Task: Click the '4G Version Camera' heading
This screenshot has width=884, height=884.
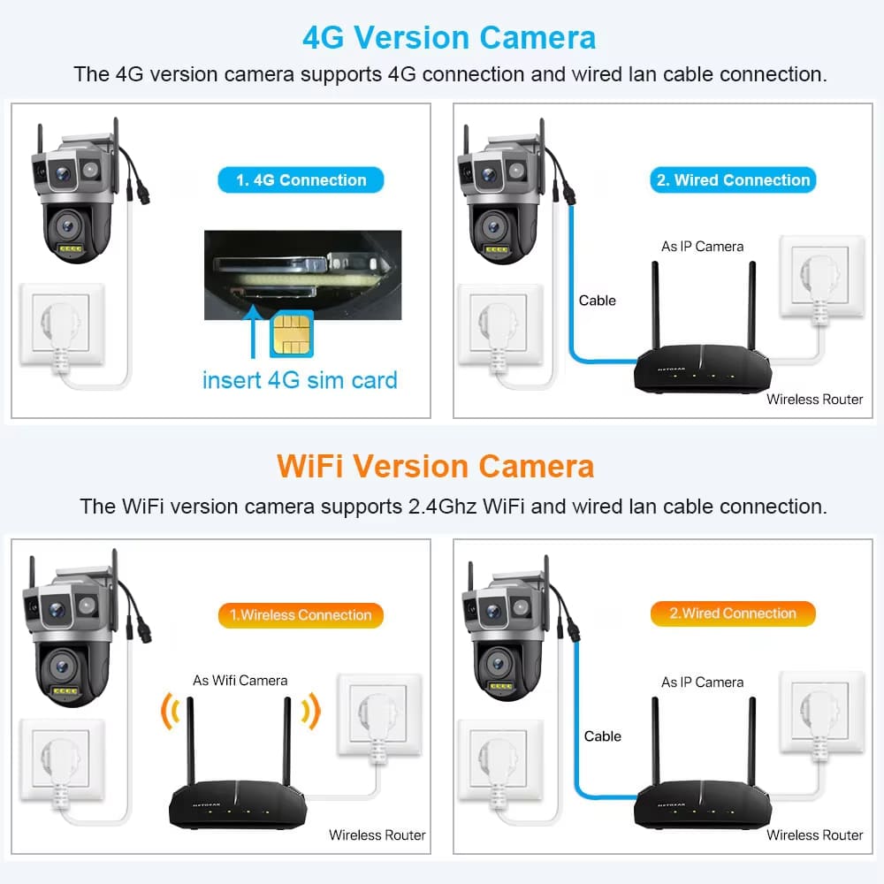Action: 449,37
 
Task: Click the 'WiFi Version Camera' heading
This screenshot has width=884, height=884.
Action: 435,466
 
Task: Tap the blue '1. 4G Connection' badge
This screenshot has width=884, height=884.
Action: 301,180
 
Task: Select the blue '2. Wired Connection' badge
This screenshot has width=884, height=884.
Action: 733,180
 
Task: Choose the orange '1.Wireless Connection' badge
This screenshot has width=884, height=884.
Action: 301,615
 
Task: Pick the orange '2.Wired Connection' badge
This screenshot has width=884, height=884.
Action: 733,613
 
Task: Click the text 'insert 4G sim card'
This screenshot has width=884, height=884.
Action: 300,380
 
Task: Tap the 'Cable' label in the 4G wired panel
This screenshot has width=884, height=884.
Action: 598,301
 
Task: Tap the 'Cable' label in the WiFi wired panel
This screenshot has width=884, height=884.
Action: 603,736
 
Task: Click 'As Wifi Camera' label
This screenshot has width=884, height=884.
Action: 240,681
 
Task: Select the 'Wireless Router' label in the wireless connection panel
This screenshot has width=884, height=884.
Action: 377,834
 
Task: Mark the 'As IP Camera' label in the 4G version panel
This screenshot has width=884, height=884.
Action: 703,247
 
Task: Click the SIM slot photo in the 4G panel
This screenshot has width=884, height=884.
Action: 301,273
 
